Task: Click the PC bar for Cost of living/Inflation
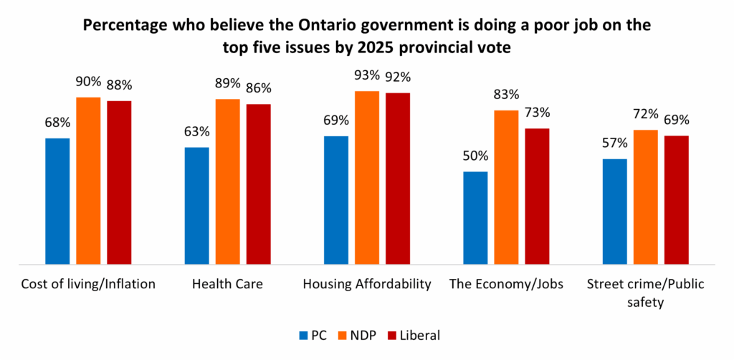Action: (x=57, y=202)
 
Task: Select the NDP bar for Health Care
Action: (x=228, y=182)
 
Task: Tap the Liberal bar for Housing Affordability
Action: (x=398, y=179)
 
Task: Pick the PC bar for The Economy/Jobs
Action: (x=475, y=218)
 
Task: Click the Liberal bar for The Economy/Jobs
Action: (x=537, y=196)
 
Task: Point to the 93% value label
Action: (x=367, y=75)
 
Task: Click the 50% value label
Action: (x=475, y=156)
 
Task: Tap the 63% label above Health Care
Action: (x=196, y=132)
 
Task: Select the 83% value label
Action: (x=506, y=95)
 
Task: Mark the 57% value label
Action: (x=614, y=143)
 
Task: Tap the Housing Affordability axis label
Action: (x=367, y=284)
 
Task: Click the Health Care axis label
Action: (x=227, y=284)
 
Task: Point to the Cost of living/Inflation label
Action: (x=88, y=284)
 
